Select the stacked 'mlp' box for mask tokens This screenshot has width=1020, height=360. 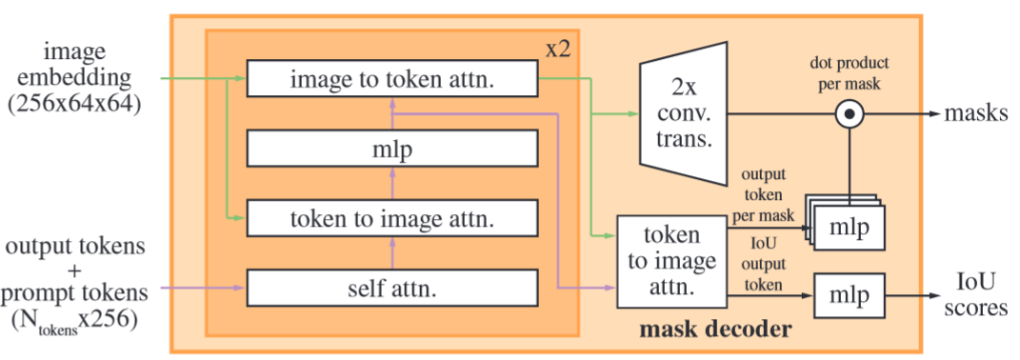[x=849, y=230]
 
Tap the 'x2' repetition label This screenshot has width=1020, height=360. [x=558, y=49]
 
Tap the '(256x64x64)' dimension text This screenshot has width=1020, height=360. [x=78, y=107]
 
